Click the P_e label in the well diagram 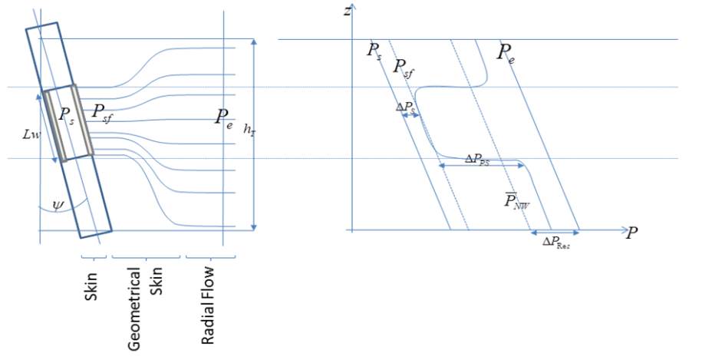coord(224,118)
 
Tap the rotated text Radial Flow coord(208,305)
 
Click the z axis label coord(347,11)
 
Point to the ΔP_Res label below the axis coord(556,242)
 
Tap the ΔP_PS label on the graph coord(477,160)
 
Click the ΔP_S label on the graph coord(406,107)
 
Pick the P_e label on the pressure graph coord(505,54)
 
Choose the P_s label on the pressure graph coord(374,51)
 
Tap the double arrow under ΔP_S coord(410,116)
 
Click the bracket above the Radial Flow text coord(210,257)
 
